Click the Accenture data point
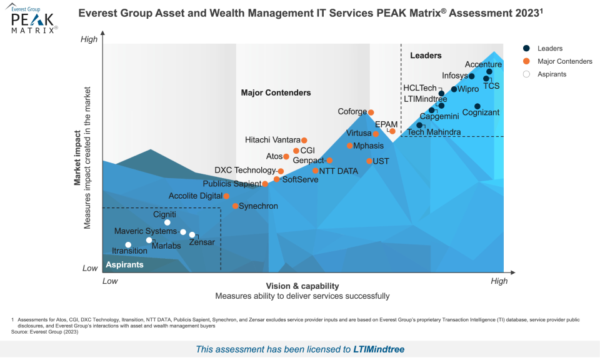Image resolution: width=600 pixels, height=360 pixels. coord(489,72)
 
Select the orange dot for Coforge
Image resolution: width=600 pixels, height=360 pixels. coord(371,112)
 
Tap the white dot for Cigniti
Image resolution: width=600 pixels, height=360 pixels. coord(167,222)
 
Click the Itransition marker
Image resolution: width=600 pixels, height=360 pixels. coord(128,245)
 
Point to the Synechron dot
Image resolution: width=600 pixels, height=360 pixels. coord(235,206)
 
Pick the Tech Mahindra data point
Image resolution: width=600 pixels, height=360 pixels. coord(419,125)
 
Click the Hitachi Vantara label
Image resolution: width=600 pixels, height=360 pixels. coord(272,140)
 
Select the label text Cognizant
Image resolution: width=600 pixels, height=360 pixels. coord(481,113)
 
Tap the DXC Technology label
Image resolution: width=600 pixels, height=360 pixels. coord(245,170)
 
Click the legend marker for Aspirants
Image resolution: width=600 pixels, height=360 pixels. coord(526,74)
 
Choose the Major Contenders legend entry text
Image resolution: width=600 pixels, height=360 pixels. coord(565,61)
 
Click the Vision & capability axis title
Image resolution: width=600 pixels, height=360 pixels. coord(302,286)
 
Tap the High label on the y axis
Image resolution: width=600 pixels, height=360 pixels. coord(90,39)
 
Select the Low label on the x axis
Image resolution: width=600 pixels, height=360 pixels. coord(110,281)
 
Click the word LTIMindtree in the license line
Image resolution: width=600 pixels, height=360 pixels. coord(382,349)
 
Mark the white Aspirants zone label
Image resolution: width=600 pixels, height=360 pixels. coord(124,264)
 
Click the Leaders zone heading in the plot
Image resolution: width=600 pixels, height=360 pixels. coord(426,56)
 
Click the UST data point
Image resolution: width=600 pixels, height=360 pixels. coord(369,161)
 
